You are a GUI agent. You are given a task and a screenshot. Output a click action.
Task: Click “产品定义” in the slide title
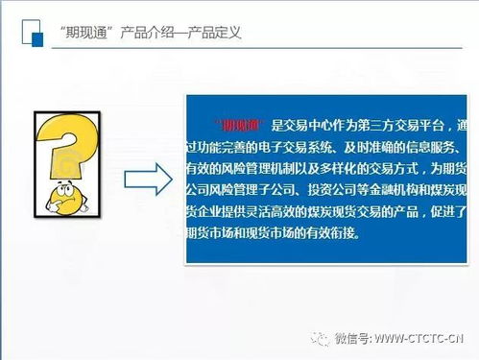click(215, 33)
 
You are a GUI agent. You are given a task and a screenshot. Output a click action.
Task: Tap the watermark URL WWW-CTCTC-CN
click(419, 338)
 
